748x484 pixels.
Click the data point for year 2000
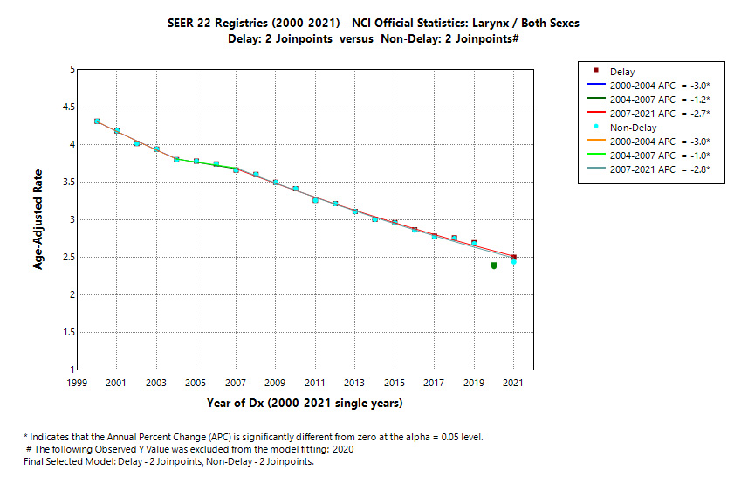97,121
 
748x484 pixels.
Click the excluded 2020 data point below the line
494,266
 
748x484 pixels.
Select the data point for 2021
514,259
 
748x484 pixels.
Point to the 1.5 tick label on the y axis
64,333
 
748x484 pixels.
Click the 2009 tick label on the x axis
276,384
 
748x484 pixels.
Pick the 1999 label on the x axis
77,384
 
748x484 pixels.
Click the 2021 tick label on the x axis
514,384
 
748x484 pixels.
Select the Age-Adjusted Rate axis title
38,219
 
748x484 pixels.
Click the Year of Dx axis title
305,404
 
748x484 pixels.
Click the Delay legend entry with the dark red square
622,72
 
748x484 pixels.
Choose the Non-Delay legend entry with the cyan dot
634,128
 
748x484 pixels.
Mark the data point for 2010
296,189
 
